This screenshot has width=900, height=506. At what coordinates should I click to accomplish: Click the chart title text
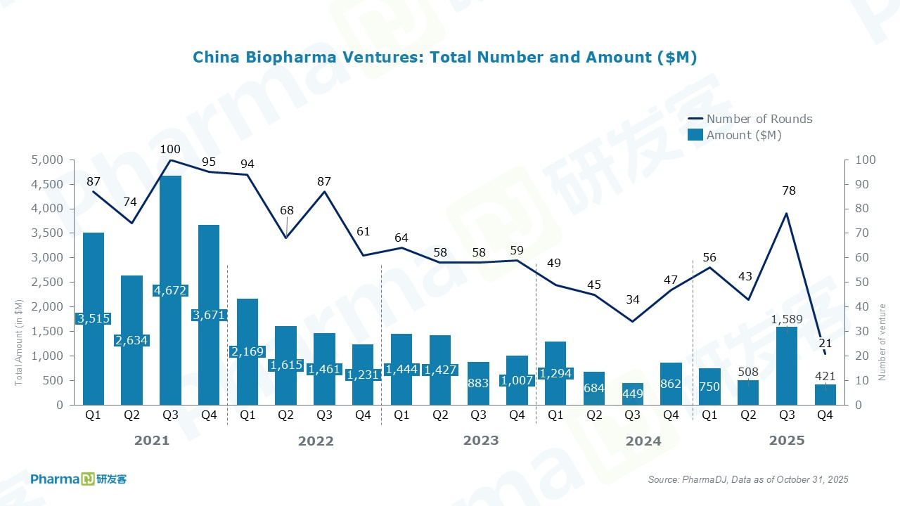[x=444, y=58]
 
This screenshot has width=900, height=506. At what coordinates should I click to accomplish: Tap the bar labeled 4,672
[x=170, y=290]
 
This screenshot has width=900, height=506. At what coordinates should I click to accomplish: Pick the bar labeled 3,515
[x=94, y=318]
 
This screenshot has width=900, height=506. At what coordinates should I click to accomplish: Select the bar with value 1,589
[x=787, y=365]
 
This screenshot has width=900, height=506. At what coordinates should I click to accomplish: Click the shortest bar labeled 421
[x=825, y=394]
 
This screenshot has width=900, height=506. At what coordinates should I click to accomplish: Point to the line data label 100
[x=170, y=149]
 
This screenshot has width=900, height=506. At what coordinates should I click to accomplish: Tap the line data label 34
[x=633, y=299]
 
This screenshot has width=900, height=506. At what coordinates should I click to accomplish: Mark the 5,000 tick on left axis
[x=48, y=160]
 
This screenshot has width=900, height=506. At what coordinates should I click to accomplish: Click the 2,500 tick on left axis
[x=48, y=283]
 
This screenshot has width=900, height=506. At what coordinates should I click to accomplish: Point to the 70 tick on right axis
[x=864, y=233]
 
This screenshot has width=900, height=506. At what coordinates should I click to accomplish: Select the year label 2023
[x=481, y=441]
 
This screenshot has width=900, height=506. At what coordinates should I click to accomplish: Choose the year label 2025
[x=786, y=441]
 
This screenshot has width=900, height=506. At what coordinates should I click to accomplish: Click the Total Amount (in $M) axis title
[x=19, y=342]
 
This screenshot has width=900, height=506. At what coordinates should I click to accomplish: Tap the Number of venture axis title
[x=882, y=342]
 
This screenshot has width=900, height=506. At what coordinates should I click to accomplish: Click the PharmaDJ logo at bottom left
[x=78, y=479]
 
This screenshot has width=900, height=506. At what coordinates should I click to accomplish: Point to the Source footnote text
[x=748, y=479]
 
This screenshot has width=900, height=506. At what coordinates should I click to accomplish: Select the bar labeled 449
[x=633, y=394]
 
